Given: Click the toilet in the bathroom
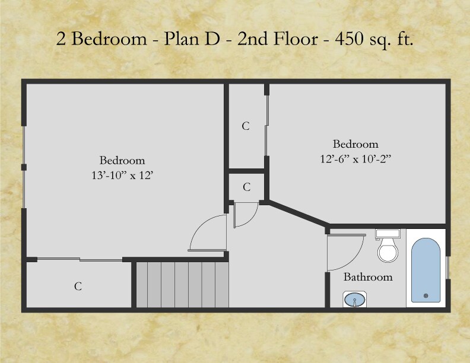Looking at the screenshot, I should click(388, 250).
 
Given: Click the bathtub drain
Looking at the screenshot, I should click(425, 295).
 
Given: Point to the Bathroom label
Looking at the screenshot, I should click(368, 277).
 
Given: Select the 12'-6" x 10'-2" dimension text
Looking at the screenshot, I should click(355, 158).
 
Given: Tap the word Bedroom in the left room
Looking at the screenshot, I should click(122, 160).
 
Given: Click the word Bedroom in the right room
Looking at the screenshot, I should click(355, 144).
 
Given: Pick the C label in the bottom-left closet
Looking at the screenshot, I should click(78, 286).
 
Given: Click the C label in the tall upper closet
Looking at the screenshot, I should click(246, 126).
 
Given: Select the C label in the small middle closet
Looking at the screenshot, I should click(246, 187).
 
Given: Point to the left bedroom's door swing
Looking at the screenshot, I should click(205, 231).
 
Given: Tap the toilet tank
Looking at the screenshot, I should click(387, 233).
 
